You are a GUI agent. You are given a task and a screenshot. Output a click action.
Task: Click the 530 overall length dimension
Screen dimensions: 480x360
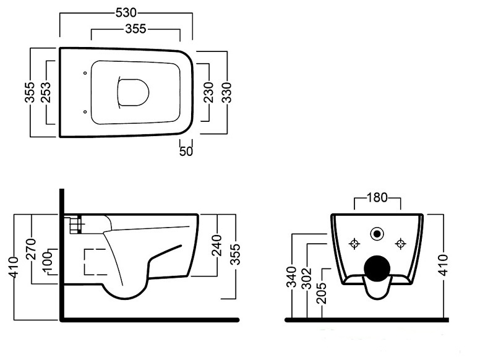click(126, 12)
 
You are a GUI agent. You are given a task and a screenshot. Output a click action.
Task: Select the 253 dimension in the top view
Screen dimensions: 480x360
click(46, 92)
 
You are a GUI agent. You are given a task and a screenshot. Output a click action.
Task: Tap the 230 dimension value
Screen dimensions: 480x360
click(208, 92)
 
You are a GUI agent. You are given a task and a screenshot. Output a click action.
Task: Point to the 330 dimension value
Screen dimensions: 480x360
click(227, 92)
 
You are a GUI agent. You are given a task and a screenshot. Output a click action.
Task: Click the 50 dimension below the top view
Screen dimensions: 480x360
click(186, 151)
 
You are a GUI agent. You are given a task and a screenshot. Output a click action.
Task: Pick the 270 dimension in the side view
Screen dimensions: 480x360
click(31, 249)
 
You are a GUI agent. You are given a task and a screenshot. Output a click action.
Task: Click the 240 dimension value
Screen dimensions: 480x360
click(217, 245)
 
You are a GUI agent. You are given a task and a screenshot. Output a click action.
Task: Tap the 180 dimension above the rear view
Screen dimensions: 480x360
click(377, 197)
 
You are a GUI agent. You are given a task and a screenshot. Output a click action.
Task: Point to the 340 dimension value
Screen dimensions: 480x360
click(291, 277)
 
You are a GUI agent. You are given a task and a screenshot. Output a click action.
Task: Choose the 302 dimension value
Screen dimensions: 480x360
click(306, 279)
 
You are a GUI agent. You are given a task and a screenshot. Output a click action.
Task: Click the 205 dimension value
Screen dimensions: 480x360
click(322, 293)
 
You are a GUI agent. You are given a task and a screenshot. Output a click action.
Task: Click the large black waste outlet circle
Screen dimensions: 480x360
click(377, 269)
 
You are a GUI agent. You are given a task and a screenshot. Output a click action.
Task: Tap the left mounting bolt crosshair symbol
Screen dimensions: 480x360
click(354, 244)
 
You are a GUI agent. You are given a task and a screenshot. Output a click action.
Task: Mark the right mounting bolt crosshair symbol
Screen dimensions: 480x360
click(400, 244)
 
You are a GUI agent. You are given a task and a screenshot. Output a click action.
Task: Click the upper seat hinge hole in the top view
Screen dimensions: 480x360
click(85, 73)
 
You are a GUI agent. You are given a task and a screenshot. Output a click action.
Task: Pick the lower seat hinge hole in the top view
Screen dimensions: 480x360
click(85, 112)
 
